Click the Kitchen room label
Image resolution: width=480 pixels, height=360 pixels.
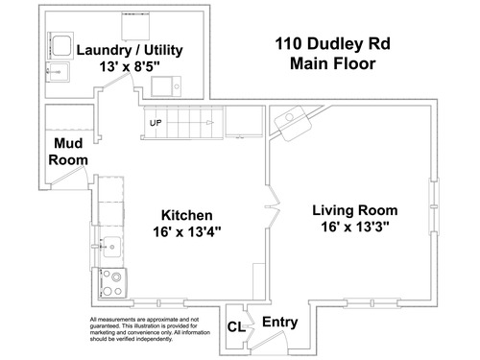(187, 215)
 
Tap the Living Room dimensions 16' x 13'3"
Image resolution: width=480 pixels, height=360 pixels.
(355, 227)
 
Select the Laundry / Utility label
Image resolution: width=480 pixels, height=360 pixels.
(130, 50)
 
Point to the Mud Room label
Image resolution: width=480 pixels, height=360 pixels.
(68, 152)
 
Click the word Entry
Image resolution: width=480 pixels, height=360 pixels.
(280, 323)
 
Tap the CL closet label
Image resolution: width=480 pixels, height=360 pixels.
(236, 327)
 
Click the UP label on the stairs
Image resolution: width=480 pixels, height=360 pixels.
(156, 123)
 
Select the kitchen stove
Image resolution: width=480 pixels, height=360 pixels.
(112, 283)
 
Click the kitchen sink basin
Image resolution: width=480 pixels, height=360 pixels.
(111, 247)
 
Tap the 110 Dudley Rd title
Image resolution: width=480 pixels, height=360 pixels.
(333, 44)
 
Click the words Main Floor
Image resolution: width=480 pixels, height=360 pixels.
(333, 63)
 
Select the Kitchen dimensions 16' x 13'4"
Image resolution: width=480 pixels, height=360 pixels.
(187, 232)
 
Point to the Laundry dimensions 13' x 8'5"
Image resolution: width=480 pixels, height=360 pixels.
(130, 67)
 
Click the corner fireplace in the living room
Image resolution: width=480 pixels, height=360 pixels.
(293, 123)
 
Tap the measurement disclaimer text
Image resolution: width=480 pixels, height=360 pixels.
(150, 329)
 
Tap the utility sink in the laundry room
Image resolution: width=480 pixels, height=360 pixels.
(166, 86)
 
